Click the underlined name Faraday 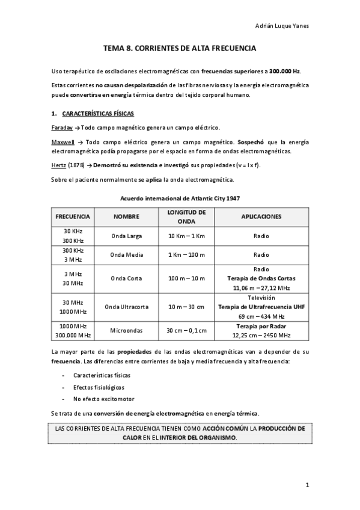point(62,128)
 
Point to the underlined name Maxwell point(63,142)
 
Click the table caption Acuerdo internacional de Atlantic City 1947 point(180,198)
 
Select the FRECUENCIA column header point(73,216)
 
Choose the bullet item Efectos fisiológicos point(98,387)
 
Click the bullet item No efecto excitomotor point(100,399)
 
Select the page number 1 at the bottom point(307,484)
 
